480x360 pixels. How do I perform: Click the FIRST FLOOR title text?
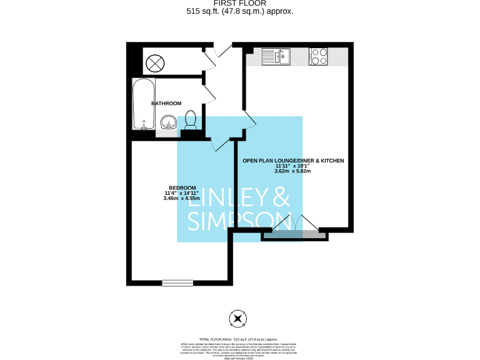[x=240, y=3]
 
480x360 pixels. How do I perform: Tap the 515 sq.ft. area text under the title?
[x=240, y=11]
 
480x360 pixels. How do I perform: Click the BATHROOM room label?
[x=166, y=103]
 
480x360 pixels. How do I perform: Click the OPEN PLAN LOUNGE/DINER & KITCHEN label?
[x=293, y=161]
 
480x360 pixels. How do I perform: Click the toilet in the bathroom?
[x=191, y=119]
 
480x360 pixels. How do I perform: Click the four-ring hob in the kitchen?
[x=319, y=56]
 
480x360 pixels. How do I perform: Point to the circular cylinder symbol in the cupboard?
[x=155, y=62]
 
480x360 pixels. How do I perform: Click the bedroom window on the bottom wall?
[x=177, y=282]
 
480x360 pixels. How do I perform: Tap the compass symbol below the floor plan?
[x=237, y=319]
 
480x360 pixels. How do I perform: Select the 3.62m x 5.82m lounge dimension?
[x=292, y=171]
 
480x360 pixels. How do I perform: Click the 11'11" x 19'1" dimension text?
[x=292, y=166]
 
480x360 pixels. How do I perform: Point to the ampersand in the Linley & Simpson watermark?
[x=281, y=199]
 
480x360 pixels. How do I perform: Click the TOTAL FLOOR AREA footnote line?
[x=237, y=337]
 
